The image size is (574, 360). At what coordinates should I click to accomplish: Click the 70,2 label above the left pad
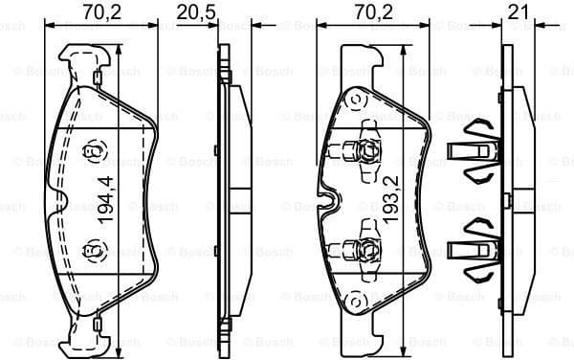pyautogui.click(x=93, y=11)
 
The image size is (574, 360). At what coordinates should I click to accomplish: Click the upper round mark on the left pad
pyautogui.click(x=93, y=150)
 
